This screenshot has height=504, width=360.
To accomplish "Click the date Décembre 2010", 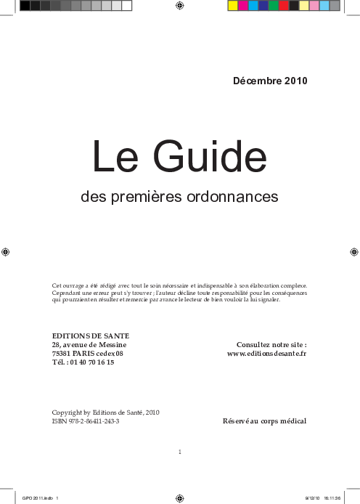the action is [x=270, y=81].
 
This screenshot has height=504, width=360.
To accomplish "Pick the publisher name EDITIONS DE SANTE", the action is [x=91, y=336].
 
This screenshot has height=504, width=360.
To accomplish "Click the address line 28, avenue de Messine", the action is [x=90, y=344].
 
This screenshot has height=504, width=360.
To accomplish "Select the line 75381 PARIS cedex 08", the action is [x=88, y=353].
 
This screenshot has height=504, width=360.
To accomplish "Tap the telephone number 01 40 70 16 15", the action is [x=92, y=362].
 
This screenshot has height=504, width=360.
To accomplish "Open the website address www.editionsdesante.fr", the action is [x=267, y=353].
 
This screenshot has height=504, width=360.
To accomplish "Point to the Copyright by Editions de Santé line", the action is [x=105, y=412].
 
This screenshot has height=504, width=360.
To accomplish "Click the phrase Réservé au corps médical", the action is [x=264, y=421].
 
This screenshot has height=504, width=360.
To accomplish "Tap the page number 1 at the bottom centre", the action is [x=179, y=452].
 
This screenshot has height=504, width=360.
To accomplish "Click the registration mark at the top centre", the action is [x=179, y=6].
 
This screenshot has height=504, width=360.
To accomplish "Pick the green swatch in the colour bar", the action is [x=274, y=6].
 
